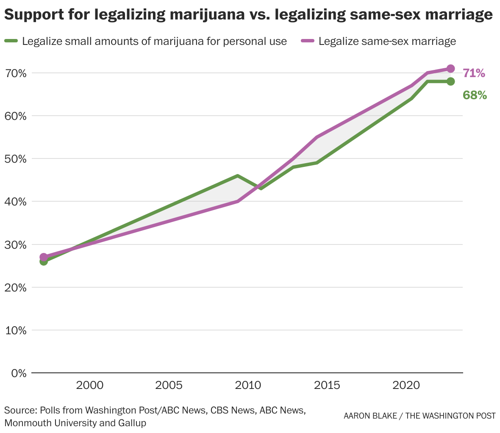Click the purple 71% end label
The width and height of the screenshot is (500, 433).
(x=473, y=73)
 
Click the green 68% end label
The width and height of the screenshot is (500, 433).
(x=474, y=95)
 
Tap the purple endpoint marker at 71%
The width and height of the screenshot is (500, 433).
(x=450, y=69)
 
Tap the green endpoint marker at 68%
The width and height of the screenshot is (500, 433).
(x=450, y=81)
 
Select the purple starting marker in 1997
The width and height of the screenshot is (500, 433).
(x=44, y=257)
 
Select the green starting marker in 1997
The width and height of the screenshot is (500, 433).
(x=44, y=262)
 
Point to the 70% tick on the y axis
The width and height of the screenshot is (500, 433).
(x=16, y=73)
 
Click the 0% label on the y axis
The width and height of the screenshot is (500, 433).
(x=19, y=373)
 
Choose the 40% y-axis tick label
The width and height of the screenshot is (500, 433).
(x=16, y=202)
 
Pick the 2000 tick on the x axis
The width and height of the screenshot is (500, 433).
(x=89, y=386)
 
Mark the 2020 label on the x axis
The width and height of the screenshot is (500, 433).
(x=406, y=386)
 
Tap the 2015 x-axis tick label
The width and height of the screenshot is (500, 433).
(x=327, y=386)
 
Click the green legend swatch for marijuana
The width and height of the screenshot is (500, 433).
(x=11, y=41)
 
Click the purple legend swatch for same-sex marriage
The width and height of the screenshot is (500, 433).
(x=308, y=41)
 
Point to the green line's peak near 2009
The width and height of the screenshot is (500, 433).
(x=238, y=176)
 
